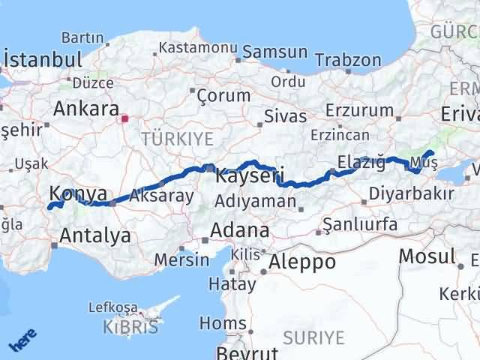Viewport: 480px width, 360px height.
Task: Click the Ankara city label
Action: coord(85,109)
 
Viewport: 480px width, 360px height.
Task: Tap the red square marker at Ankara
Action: coord(125,118)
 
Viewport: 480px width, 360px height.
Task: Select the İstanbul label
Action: coord(43,61)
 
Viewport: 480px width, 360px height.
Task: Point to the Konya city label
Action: coord(78,194)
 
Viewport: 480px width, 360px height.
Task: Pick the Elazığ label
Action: coord(361,162)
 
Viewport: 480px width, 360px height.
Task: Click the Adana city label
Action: coord(240,229)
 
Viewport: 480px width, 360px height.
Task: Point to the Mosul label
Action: coord(426,256)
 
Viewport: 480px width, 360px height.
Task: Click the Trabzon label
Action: coord(348,60)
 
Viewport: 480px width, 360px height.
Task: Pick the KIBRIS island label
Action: coord(133,328)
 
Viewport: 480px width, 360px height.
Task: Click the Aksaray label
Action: coord(162,196)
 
